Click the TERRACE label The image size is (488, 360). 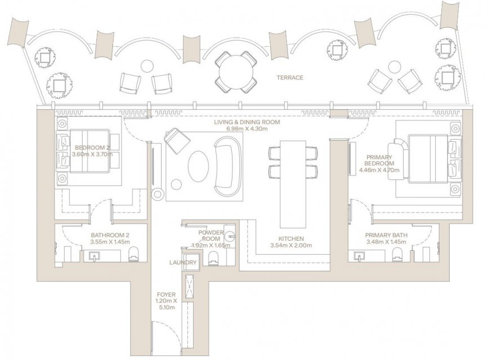[x=290, y=78]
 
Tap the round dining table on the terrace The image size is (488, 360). [x=236, y=71]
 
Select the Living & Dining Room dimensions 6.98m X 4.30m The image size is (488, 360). [x=247, y=128]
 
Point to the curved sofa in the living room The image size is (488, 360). [x=227, y=166]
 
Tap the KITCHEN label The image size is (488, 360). [x=291, y=238]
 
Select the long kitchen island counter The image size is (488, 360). [x=293, y=184]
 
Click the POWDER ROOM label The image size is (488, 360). [x=211, y=236]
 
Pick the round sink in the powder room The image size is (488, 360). [x=230, y=236]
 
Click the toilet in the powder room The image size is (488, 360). [x=213, y=258]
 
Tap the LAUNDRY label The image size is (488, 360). [x=183, y=262]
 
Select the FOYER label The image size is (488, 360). [x=166, y=294]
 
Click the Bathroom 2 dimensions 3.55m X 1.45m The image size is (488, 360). [x=110, y=242]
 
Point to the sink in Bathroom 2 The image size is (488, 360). [x=95, y=256]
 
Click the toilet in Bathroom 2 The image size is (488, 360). [x=133, y=254]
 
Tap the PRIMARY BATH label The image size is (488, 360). [x=386, y=235]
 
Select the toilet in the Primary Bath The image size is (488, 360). [x=397, y=254]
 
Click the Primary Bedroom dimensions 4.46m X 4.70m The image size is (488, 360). [x=379, y=170]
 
